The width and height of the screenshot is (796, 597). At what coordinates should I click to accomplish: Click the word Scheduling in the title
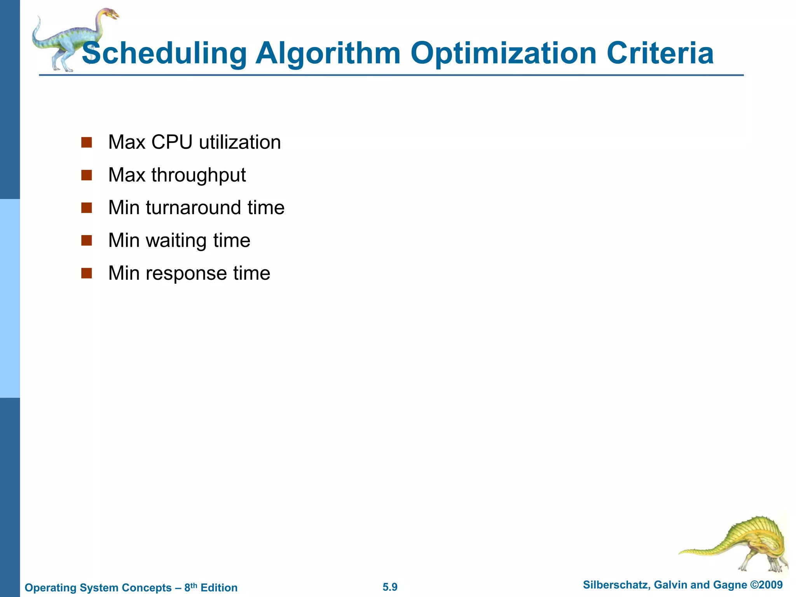164,54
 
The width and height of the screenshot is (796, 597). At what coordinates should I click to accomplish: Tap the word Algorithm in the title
328,54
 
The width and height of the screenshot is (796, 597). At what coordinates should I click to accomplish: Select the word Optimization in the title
503,54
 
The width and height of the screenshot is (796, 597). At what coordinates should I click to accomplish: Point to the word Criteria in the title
660,54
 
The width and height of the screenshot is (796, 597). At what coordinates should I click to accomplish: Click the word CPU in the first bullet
172,142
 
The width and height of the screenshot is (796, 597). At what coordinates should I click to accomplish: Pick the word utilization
240,142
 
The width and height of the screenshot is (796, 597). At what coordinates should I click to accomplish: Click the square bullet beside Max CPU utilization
86,142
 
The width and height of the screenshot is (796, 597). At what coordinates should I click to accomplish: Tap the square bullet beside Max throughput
86,175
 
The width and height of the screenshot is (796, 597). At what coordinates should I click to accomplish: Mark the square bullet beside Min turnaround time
86,208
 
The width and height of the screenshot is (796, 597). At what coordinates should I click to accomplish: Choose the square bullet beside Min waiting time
86,241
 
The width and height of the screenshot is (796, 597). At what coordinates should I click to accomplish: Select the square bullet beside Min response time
86,273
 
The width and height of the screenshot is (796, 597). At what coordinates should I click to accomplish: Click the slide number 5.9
390,587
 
